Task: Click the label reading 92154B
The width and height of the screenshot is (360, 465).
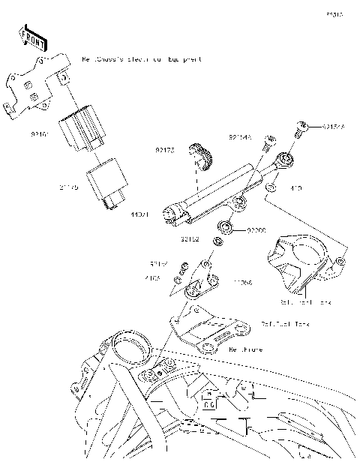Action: click(x=240, y=137)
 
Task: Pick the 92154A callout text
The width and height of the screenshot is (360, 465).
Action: click(x=334, y=127)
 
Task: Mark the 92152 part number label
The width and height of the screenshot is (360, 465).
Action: click(x=190, y=241)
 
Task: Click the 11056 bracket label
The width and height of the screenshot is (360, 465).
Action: click(x=242, y=283)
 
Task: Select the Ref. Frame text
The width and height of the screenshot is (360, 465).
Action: click(x=243, y=349)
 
